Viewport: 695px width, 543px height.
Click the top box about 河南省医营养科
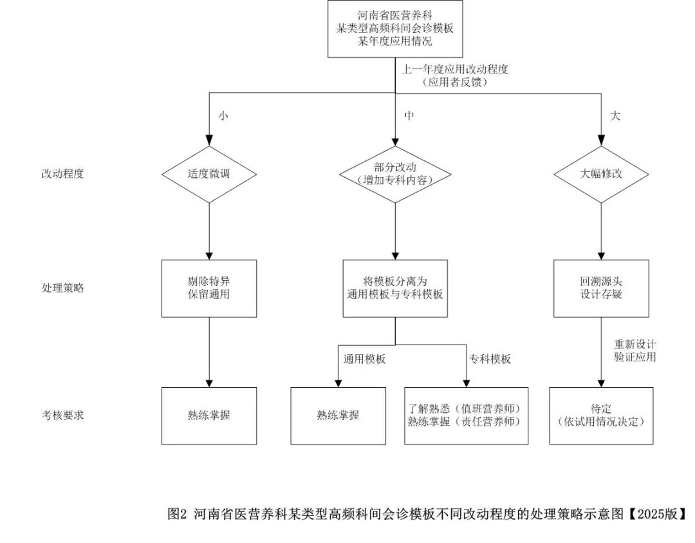[x=395, y=29]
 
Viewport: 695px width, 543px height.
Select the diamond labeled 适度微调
[x=209, y=175]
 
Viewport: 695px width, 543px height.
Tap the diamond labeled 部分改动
[x=395, y=175]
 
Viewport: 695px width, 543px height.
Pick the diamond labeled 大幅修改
[x=602, y=175]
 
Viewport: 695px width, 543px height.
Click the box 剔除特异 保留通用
[x=209, y=289]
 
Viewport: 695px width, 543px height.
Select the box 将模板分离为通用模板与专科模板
[x=395, y=289]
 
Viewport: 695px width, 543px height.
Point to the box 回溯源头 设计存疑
[x=602, y=289]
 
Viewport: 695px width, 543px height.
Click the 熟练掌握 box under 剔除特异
[x=209, y=415]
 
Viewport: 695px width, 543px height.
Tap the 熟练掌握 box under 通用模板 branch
[x=338, y=415]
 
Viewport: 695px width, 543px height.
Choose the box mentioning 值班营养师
[x=467, y=415]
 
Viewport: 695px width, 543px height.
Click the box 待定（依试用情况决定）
[x=602, y=415]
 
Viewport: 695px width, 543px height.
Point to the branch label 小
[x=223, y=116]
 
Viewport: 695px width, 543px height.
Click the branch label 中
[x=409, y=116]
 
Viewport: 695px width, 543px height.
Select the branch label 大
[x=615, y=116]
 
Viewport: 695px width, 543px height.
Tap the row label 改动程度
[x=62, y=173]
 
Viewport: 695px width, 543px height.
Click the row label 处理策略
[x=62, y=288]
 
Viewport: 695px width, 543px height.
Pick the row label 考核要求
[x=62, y=415]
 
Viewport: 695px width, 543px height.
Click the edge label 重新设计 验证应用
[x=635, y=350]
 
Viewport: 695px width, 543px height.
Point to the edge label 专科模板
[x=490, y=359]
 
